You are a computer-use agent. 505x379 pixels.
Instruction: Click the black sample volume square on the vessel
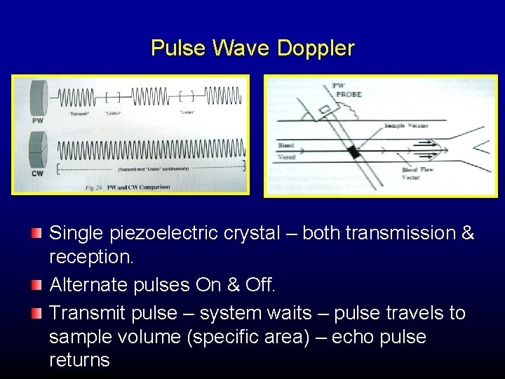353,152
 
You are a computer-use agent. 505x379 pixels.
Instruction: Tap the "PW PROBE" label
346,90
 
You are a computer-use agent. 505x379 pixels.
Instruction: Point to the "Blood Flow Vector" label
419,174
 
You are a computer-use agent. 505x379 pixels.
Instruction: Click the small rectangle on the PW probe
325,109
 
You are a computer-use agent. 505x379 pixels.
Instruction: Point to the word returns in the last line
79,361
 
